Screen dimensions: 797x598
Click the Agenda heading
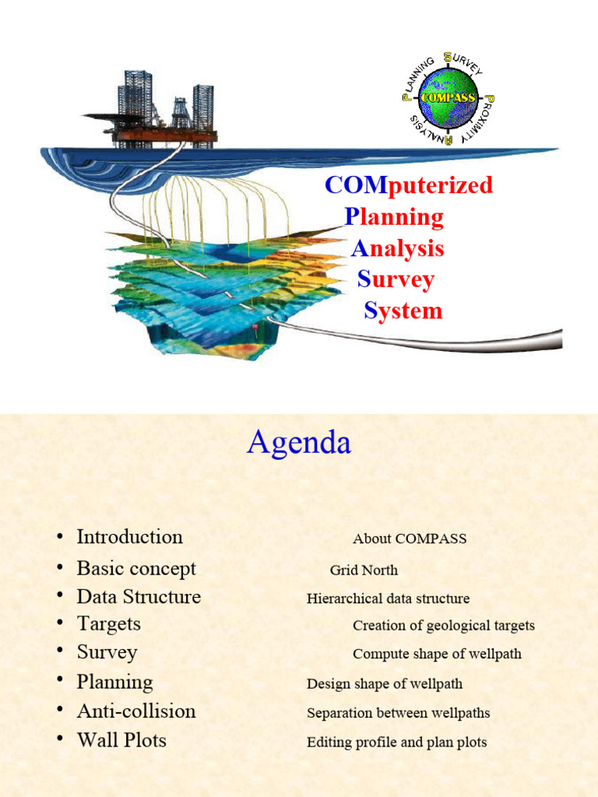(299, 444)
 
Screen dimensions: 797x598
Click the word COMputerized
(409, 185)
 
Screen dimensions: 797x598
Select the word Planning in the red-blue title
(394, 217)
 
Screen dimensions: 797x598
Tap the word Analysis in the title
(397, 248)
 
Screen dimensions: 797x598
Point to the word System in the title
(403, 311)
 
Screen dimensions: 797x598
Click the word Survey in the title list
(396, 279)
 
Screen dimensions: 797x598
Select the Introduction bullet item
(129, 537)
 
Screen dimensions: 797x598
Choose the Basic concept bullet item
(136, 568)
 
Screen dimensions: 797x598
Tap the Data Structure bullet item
(139, 597)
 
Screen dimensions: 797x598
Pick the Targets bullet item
(109, 623)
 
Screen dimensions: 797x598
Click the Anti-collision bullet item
(136, 711)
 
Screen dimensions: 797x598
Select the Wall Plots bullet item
(121, 740)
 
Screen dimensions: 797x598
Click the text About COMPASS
(410, 539)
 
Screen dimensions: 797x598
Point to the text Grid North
(364, 570)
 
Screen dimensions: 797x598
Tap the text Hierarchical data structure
(388, 599)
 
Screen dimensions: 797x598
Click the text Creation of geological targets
(444, 626)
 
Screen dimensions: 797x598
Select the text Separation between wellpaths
(398, 713)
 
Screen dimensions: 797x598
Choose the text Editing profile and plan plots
(396, 743)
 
